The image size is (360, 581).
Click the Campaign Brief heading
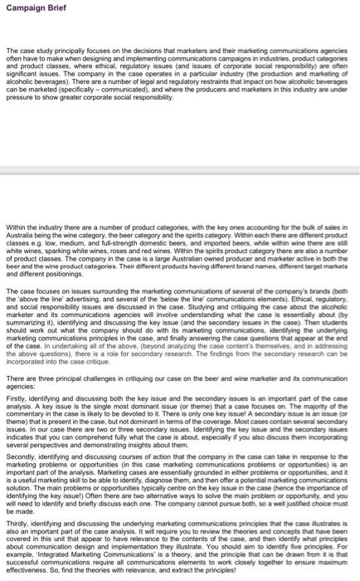(x=31, y=8)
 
